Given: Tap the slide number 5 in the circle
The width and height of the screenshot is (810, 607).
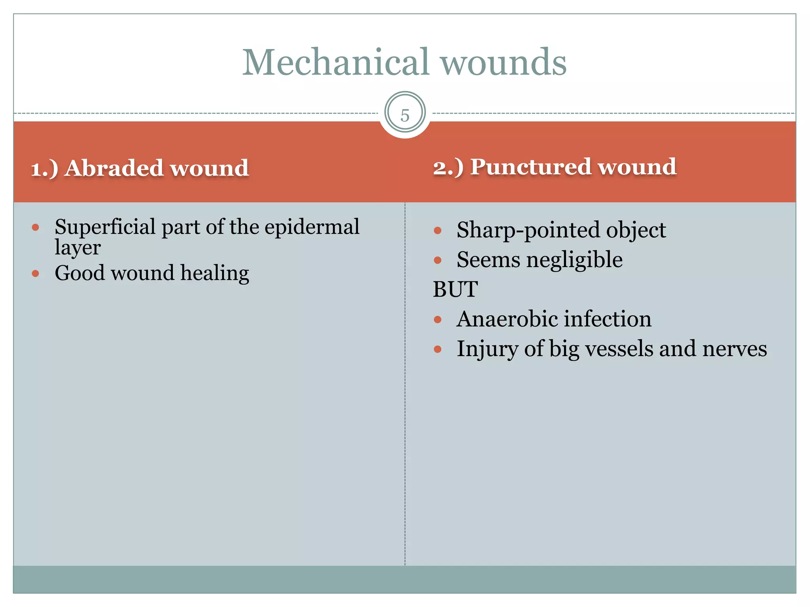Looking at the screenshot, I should pyautogui.click(x=405, y=115).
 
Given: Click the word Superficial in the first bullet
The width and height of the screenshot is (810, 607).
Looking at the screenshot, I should pyautogui.click(x=105, y=227).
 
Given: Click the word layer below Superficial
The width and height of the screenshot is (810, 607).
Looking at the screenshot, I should pyautogui.click(x=78, y=248).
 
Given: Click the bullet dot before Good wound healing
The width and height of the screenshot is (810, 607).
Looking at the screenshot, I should pyautogui.click(x=36, y=273).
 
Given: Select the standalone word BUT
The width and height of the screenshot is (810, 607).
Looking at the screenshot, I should pyautogui.click(x=455, y=289).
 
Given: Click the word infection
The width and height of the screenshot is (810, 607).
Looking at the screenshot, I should pyautogui.click(x=615, y=319).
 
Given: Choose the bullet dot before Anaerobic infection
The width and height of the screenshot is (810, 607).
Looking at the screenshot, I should pyautogui.click(x=437, y=319).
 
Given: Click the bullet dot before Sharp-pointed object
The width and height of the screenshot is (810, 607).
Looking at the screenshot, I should pyautogui.click(x=437, y=230).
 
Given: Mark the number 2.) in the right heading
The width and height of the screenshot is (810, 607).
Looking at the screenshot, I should pyautogui.click(x=448, y=167).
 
